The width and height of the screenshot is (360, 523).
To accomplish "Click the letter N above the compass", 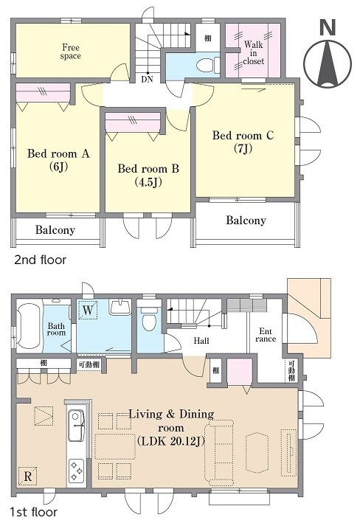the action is coord(328,27).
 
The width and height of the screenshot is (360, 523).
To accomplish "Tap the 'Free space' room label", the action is coord(70,52).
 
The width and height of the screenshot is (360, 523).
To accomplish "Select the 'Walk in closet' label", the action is coord(253,52).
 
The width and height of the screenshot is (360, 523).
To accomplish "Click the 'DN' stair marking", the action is coord(147,80).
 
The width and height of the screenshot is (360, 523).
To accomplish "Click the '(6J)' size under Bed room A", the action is coord(58,167).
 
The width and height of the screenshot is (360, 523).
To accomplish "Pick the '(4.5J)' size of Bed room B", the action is coord(148,182).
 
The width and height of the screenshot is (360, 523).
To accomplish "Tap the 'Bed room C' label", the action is coord(243,136).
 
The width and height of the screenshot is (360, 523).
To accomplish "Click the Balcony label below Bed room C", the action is coord(246,220).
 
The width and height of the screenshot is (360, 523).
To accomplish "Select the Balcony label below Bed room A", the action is coord(55,230).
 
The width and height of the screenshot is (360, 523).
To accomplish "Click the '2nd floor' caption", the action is coord(40,260).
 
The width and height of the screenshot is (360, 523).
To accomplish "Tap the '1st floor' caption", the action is coord(33,512).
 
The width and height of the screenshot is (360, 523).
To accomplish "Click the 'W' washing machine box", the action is coord(87,310).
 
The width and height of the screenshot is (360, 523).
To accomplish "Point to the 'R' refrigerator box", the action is coord(28,476).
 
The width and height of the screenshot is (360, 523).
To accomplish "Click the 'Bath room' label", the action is coord(56,329).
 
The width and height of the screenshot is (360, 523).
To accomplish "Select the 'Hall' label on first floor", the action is coord(201,341).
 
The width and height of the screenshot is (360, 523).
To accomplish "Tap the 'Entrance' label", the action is coord(266,335).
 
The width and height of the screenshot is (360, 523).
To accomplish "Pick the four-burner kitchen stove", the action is coord(77,471).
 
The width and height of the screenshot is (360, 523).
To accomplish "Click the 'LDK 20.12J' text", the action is coord(170,441).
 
